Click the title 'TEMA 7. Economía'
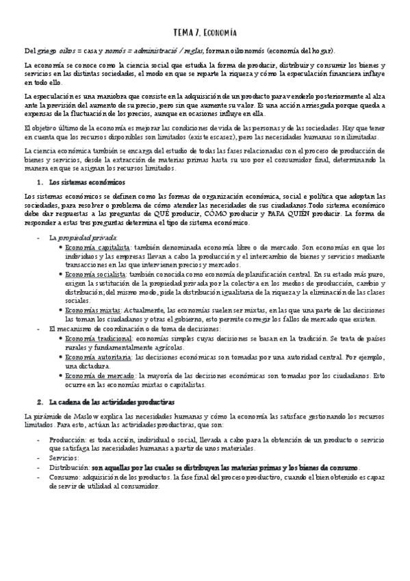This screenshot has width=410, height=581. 205,32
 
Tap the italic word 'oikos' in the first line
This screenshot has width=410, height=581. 66,51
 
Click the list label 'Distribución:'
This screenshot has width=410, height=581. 70,467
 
